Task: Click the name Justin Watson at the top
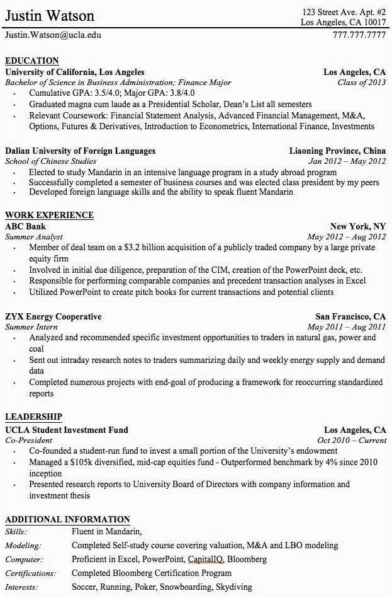[50, 16]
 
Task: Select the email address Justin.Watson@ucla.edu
[53, 35]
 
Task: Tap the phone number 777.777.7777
[359, 35]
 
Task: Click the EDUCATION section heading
[31, 61]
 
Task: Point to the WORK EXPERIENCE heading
[49, 216]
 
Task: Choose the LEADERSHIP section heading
[33, 417]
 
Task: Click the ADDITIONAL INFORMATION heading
[67, 520]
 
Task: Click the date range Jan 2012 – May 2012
[347, 161]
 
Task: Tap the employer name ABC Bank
[25, 227]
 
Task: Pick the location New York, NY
[358, 227]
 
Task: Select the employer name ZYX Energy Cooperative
[53, 316]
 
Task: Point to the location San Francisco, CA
[350, 316]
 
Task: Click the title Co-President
[28, 440]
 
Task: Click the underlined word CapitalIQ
[204, 560]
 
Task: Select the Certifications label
[30, 573]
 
